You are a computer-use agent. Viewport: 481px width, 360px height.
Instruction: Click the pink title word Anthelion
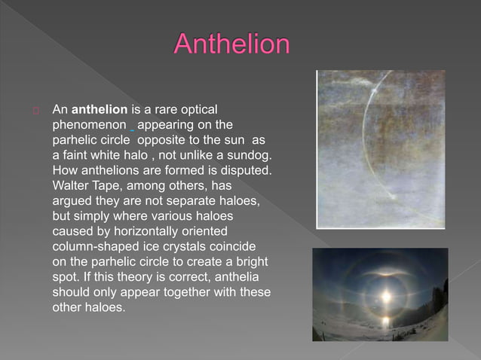(x=231, y=44)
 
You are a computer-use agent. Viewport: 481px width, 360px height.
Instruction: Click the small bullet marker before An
(x=35, y=111)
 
